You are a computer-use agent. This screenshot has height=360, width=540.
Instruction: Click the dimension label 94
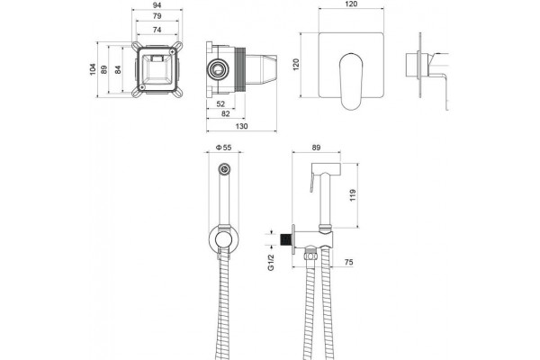(157, 4)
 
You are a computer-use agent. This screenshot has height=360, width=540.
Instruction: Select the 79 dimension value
(157, 16)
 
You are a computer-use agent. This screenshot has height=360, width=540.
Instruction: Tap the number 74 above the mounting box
(157, 30)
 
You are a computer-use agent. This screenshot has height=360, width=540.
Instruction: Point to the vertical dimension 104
(93, 69)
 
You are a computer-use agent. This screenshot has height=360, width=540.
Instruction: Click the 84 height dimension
(118, 69)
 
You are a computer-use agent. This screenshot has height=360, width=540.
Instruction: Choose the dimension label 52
(220, 103)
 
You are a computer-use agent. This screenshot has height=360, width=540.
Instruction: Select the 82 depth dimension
(226, 113)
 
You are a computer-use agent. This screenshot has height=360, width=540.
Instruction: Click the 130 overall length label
(241, 126)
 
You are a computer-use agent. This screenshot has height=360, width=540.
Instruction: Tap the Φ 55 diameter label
(223, 148)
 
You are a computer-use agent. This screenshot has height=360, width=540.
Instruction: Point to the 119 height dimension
(352, 195)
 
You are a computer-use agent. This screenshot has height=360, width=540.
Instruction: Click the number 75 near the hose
(348, 262)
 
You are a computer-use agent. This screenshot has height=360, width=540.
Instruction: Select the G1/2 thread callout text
(271, 263)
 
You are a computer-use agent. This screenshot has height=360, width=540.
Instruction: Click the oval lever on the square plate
(351, 81)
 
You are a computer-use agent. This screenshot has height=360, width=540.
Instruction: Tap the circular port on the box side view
(218, 69)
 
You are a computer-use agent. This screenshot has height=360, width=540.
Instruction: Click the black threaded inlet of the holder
(286, 239)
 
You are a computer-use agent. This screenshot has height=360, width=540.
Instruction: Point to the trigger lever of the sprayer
(312, 182)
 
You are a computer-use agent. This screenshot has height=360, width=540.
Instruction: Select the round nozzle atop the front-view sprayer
(225, 169)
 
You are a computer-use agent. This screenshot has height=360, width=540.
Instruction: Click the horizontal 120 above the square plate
(351, 4)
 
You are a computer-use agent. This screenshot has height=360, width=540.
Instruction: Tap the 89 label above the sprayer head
(316, 148)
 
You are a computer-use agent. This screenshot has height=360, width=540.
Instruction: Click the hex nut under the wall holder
(310, 256)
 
